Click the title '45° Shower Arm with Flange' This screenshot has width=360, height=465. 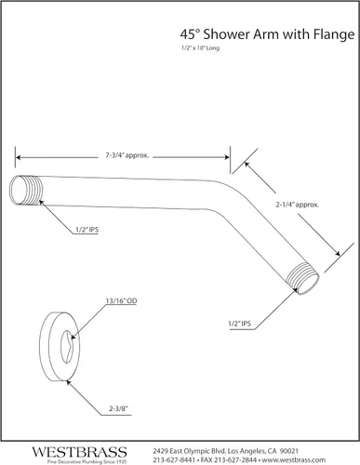click(267, 34)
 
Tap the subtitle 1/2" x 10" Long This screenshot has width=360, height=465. click(200, 48)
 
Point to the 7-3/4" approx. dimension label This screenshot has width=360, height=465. click(127, 155)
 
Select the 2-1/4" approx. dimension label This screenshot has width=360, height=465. click(298, 205)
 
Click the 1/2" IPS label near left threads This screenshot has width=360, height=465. click(87, 230)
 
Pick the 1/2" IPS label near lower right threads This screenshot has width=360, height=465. click(240, 324)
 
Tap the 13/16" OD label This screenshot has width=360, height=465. click(121, 301)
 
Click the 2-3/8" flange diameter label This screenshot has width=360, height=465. click(118, 408)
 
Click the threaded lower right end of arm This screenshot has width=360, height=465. click(302, 278)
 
